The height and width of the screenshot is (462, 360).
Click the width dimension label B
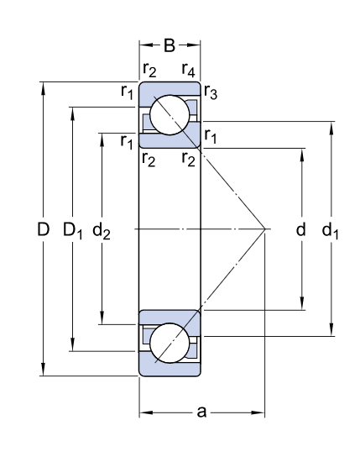(x=170, y=45)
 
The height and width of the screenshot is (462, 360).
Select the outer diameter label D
(x=43, y=229)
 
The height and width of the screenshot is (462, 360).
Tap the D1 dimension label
(x=73, y=230)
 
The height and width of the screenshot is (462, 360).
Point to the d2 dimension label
(x=102, y=230)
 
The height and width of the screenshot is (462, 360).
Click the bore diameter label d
(x=300, y=229)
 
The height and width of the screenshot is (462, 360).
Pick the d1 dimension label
(x=330, y=230)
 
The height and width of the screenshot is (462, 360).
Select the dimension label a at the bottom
(x=201, y=412)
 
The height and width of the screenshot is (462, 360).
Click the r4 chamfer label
(x=188, y=70)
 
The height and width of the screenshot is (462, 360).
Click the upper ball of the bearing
(x=170, y=115)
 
